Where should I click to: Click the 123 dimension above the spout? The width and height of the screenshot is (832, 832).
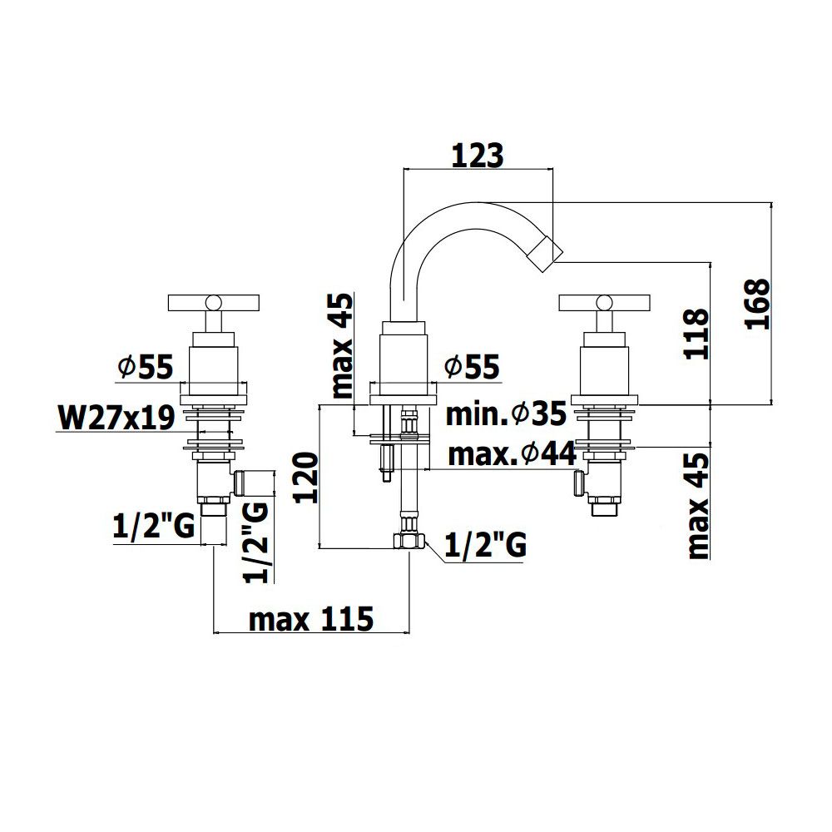pyautogui.click(x=477, y=156)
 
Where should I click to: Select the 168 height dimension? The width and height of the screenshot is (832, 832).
pyautogui.click(x=757, y=304)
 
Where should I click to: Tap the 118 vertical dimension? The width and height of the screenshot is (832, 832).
pyautogui.click(x=696, y=334)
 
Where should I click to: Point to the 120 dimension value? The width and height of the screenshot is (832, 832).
pyautogui.click(x=306, y=478)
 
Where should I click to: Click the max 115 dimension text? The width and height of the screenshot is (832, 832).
pyautogui.click(x=311, y=619)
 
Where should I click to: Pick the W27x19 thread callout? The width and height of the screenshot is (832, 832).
pyautogui.click(x=116, y=417)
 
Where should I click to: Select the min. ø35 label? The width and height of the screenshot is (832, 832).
pyautogui.click(x=506, y=414)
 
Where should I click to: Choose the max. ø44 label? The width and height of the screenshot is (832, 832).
pyautogui.click(x=512, y=454)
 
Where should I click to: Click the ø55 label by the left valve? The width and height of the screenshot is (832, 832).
pyautogui.click(x=146, y=367)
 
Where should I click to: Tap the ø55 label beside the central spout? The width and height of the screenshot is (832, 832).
pyautogui.click(x=473, y=366)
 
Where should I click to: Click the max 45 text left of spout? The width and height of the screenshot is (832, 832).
pyautogui.click(x=342, y=345)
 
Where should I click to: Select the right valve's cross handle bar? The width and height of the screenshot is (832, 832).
pyautogui.click(x=604, y=303)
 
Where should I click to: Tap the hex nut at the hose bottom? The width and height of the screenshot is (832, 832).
pyautogui.click(x=409, y=542)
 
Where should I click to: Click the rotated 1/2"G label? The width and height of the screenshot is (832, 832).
pyautogui.click(x=257, y=542)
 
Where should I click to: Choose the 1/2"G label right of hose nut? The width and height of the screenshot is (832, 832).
pyautogui.click(x=485, y=545)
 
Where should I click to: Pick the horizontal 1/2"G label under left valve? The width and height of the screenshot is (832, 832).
pyautogui.click(x=154, y=527)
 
